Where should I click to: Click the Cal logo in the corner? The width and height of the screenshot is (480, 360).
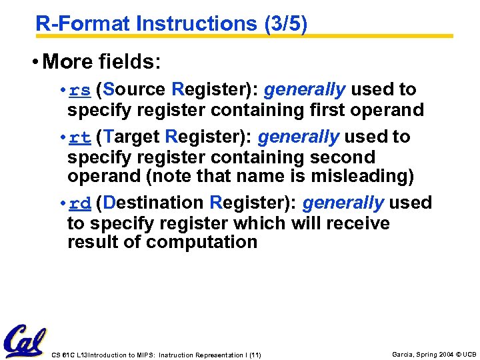click(25, 341)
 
